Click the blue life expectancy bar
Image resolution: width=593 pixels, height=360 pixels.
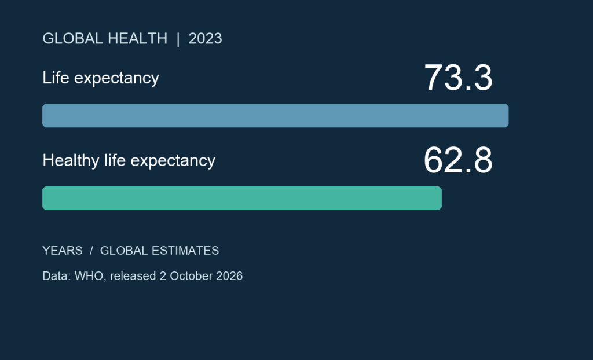[x=275, y=115]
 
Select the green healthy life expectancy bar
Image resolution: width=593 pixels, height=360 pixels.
[x=242, y=198]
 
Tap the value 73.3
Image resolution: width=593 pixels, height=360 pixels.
[x=458, y=78]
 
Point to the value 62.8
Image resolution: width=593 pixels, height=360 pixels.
[x=458, y=160]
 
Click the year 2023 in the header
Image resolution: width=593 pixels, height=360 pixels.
[x=205, y=39]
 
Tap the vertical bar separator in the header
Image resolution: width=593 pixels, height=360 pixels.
[x=178, y=39]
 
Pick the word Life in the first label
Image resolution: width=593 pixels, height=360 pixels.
[x=56, y=78]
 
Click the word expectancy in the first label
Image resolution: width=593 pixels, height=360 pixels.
[x=116, y=79]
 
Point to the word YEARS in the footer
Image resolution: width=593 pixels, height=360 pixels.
[x=63, y=251]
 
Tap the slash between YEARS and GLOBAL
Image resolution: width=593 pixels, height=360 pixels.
[x=91, y=251]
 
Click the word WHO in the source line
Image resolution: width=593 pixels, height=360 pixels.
[x=89, y=276]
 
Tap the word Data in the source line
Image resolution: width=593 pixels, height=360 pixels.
[x=55, y=276]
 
